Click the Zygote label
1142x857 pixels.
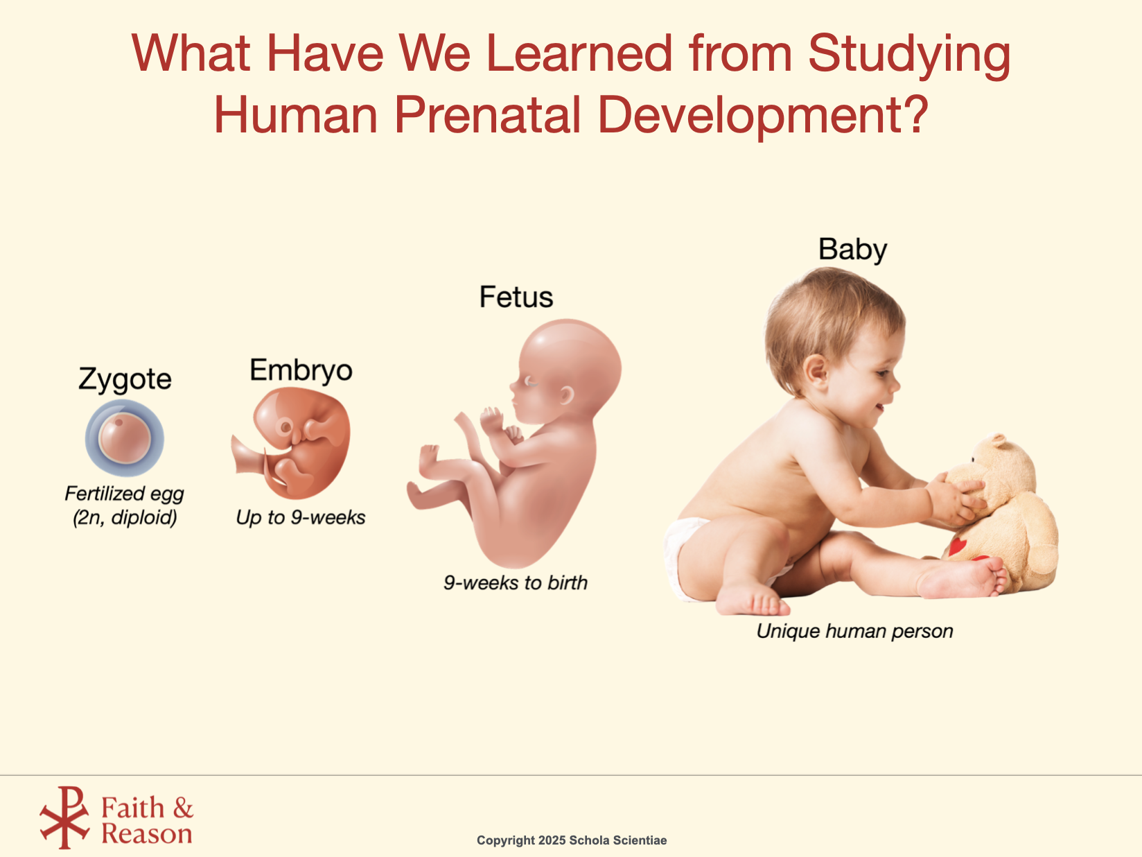(x=125, y=379)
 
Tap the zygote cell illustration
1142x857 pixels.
(x=124, y=438)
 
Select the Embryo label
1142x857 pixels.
(x=301, y=370)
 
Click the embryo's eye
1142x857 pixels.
(x=285, y=428)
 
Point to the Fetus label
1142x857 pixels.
(x=516, y=297)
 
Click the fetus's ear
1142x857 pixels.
(x=566, y=395)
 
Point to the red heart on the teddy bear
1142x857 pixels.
(x=956, y=546)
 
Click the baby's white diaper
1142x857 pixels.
(x=686, y=557)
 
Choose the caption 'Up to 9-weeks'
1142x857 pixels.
(x=301, y=517)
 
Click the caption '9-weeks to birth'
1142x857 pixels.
(x=516, y=583)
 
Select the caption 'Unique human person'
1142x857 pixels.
(x=855, y=631)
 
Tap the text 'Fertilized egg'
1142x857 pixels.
(x=124, y=494)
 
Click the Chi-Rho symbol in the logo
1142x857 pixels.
(x=64, y=817)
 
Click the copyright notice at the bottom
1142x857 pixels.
(x=572, y=840)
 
